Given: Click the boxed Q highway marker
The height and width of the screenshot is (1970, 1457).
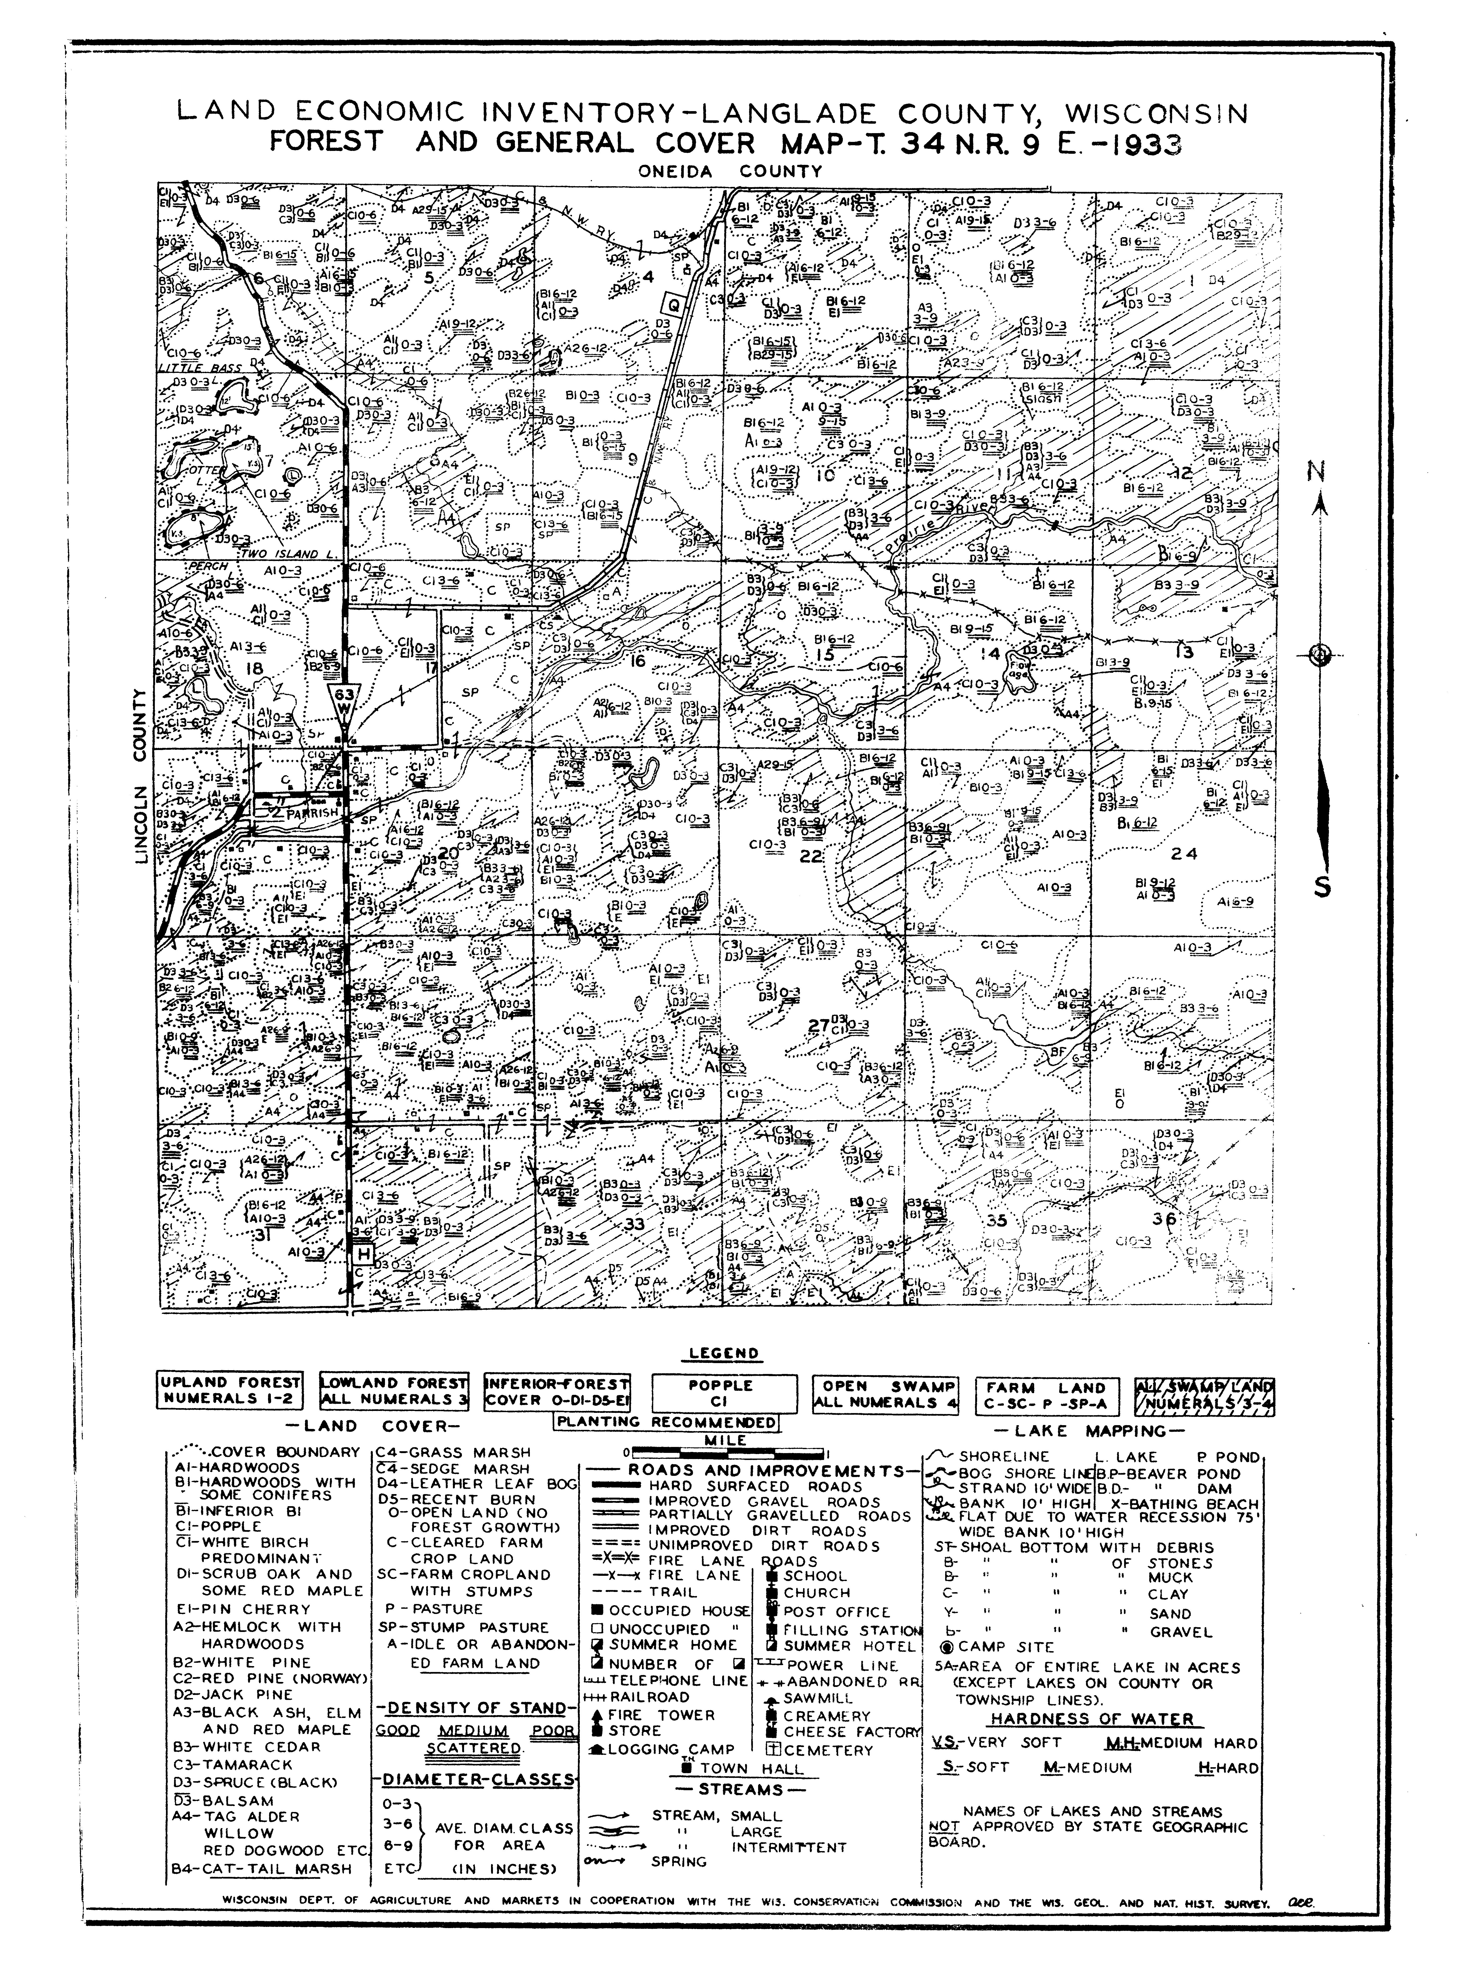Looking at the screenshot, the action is click(675, 305).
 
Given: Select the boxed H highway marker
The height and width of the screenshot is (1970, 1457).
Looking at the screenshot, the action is click(362, 1254).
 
